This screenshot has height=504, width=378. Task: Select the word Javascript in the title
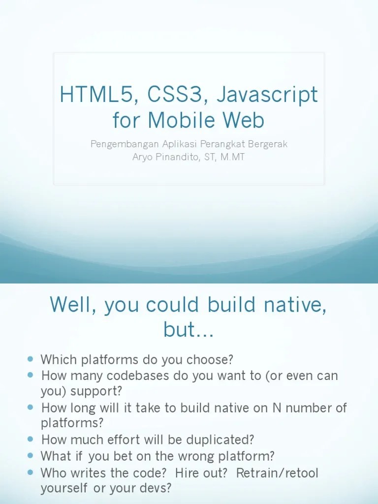click(267, 95)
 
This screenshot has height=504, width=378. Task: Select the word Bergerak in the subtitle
click(270, 144)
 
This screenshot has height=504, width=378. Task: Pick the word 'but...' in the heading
click(189, 330)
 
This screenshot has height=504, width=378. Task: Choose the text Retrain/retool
click(277, 473)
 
